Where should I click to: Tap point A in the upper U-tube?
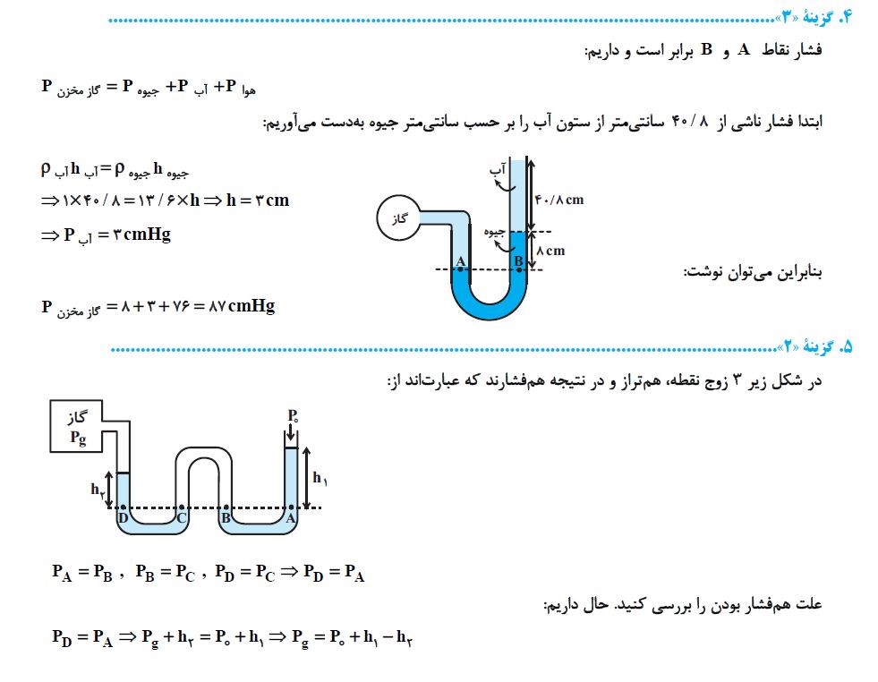click(x=460, y=262)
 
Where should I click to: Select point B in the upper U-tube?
click(x=517, y=262)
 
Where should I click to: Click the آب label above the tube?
click(x=498, y=167)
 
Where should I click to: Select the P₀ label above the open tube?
click(x=293, y=416)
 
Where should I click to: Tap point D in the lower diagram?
click(x=124, y=516)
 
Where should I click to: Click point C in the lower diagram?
click(x=182, y=516)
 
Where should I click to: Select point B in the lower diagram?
click(x=226, y=516)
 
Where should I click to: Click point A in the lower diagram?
click(x=291, y=516)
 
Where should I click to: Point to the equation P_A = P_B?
click(x=82, y=575)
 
